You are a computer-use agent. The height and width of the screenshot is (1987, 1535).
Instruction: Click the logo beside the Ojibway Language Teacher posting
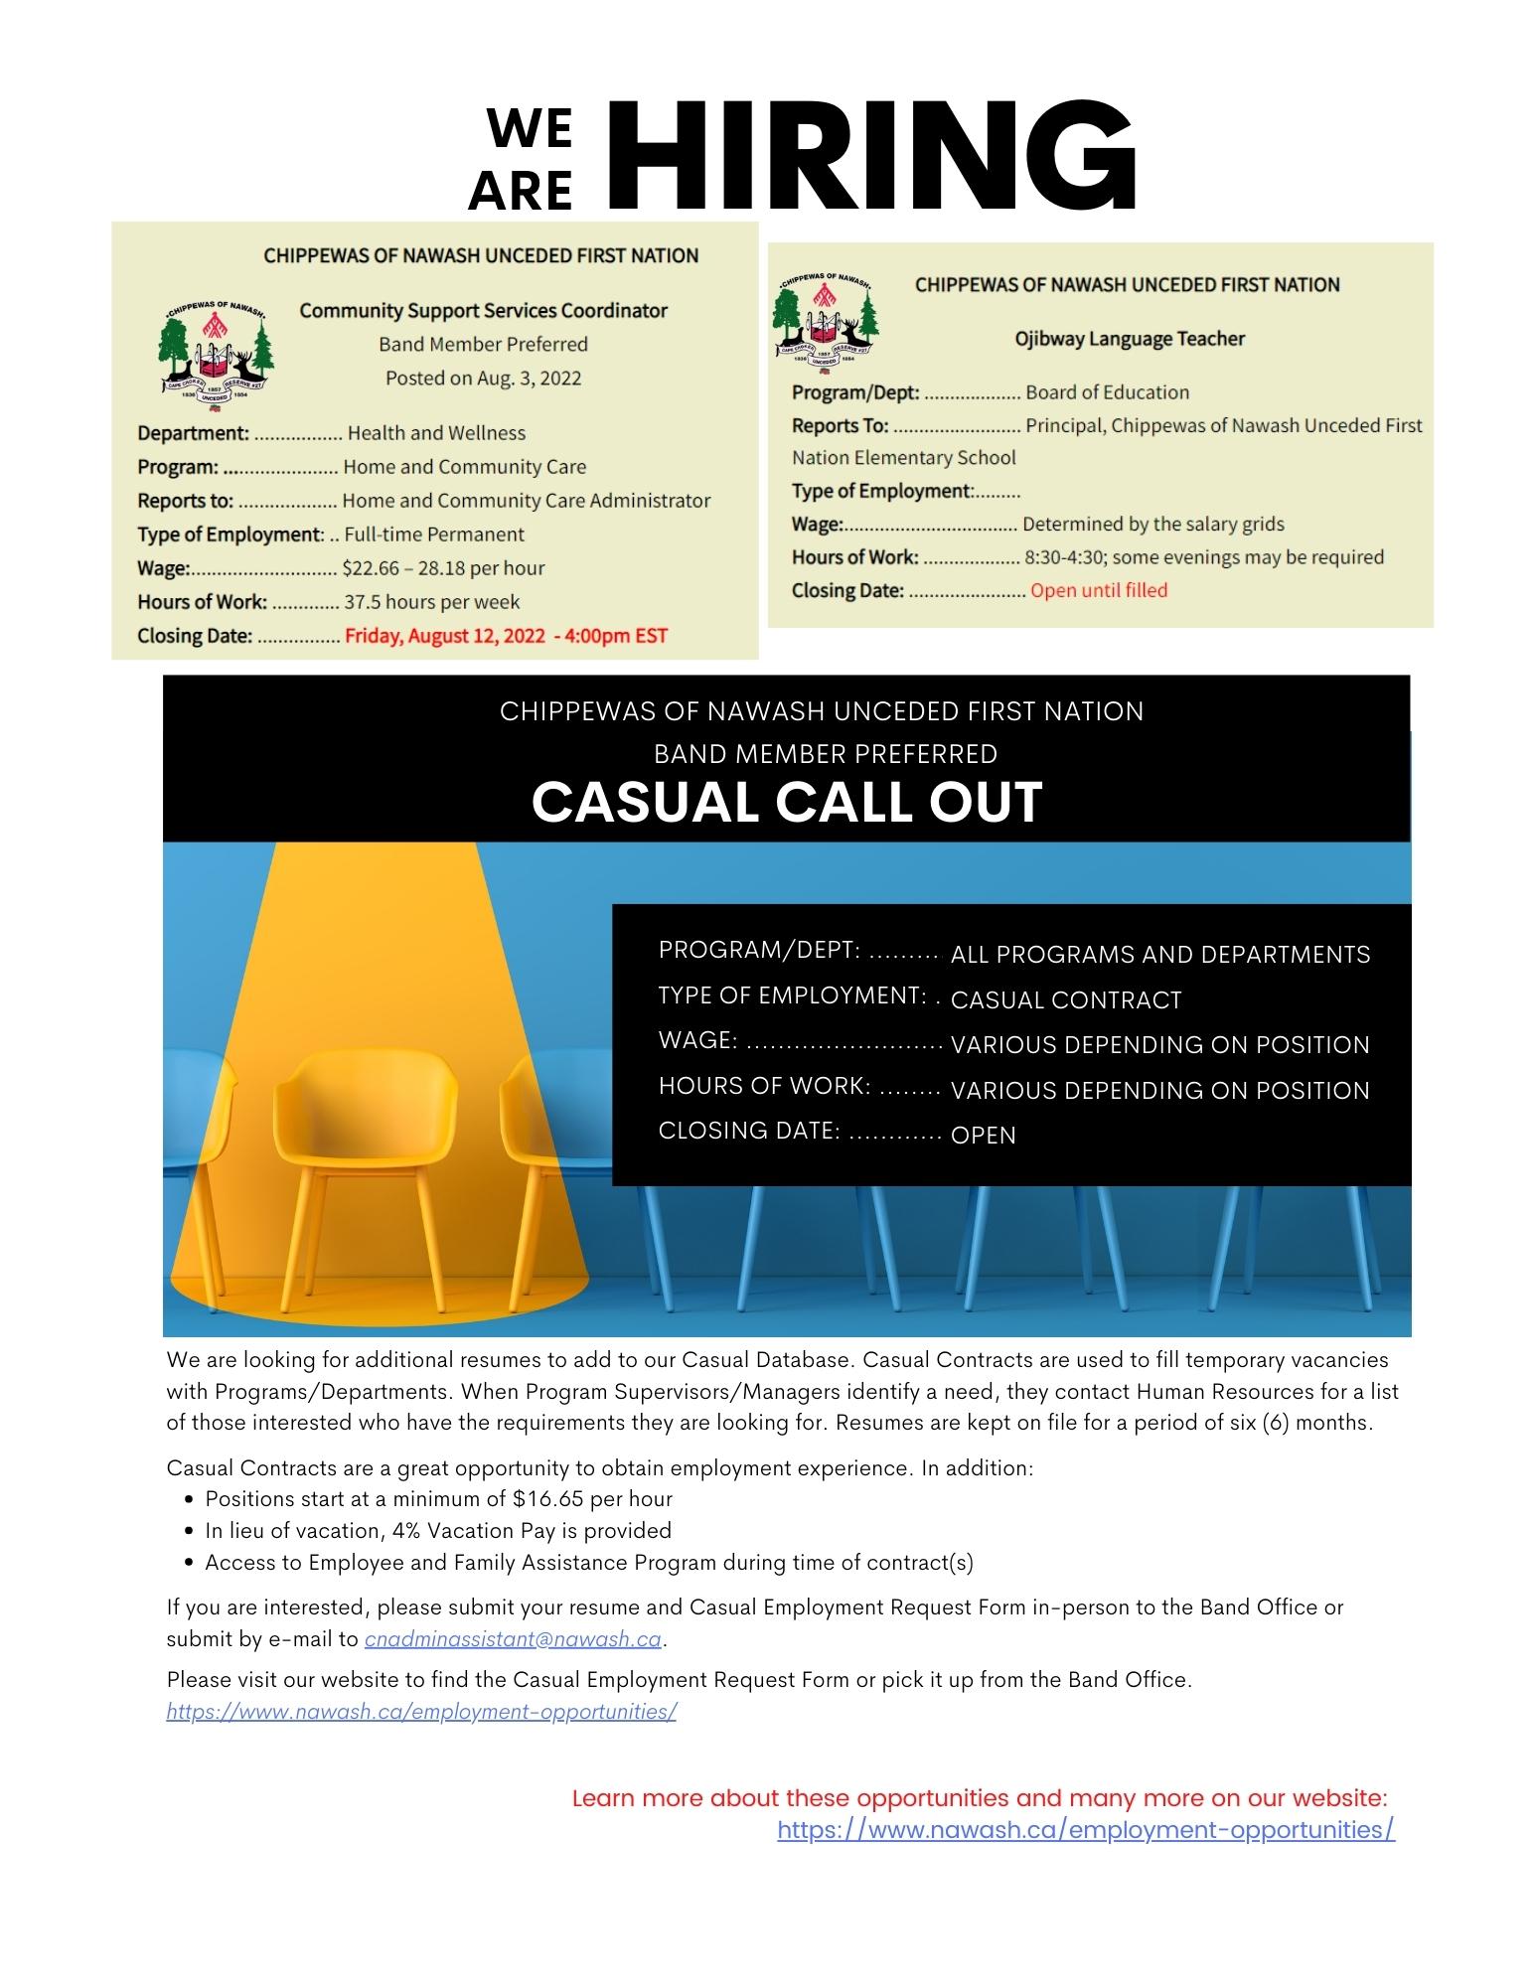825,320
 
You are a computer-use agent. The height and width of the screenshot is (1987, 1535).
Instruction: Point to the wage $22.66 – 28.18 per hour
443,568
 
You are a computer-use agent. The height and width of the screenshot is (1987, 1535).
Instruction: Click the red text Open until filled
1098,590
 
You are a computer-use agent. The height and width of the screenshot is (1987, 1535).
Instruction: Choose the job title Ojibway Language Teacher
1129,339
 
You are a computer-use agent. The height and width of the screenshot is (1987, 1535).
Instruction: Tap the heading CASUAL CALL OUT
786,802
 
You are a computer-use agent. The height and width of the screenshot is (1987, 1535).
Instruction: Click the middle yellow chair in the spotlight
378,1143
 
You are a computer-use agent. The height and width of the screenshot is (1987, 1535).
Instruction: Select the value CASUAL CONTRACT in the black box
1065,1000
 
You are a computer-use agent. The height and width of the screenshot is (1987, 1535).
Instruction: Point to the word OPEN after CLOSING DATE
983,1136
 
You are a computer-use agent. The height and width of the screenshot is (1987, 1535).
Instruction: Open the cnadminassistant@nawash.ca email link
513,1639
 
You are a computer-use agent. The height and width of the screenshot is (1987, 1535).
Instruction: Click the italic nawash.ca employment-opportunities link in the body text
421,1712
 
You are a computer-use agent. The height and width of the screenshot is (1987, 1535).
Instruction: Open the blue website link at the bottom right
1085,1830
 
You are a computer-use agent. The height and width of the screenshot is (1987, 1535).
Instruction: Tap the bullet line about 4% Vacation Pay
438,1531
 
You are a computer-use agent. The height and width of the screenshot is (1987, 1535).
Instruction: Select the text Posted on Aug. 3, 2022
483,379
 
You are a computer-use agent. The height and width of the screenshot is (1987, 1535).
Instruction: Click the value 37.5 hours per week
431,602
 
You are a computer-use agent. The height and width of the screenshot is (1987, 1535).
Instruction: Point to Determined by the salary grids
1152,524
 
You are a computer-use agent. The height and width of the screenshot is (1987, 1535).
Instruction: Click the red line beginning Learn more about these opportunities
979,1798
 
